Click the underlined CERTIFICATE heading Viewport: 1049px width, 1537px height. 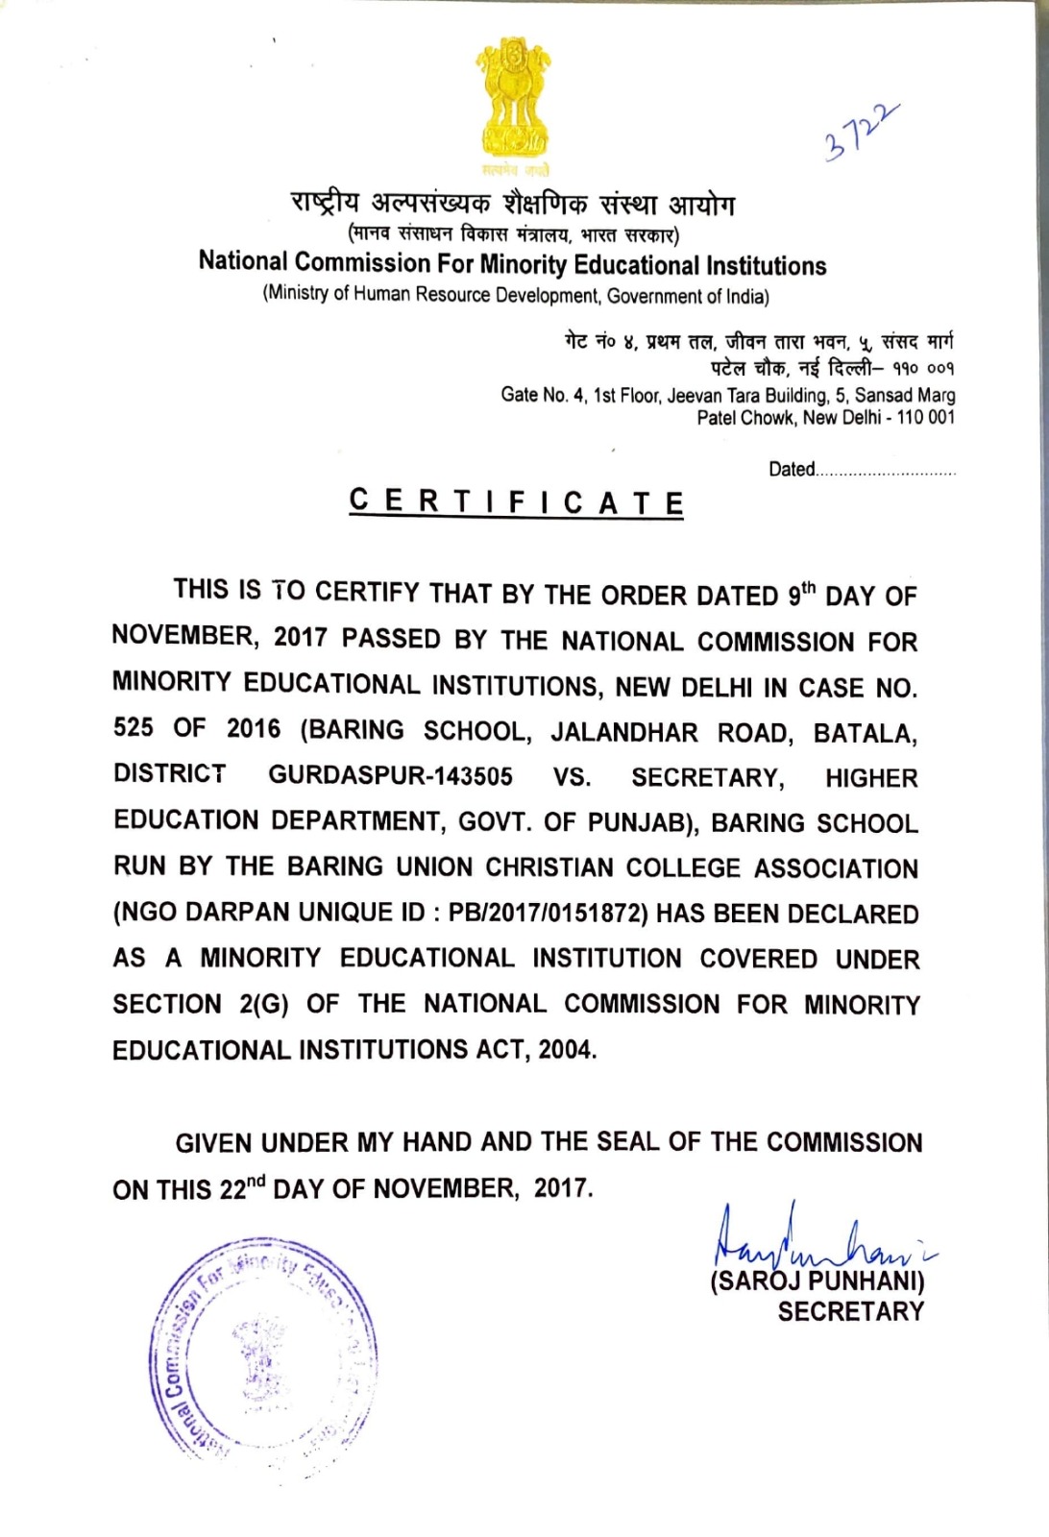coord(517,501)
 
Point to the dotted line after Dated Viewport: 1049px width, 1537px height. coord(886,472)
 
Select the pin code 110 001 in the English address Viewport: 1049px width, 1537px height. coord(926,418)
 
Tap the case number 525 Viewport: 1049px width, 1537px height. coord(133,727)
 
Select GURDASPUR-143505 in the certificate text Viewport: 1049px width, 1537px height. coord(390,775)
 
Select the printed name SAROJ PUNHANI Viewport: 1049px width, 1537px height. coord(817,1281)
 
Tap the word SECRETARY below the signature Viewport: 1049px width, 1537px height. coord(850,1311)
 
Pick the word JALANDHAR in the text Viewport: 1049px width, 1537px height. coord(624,733)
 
